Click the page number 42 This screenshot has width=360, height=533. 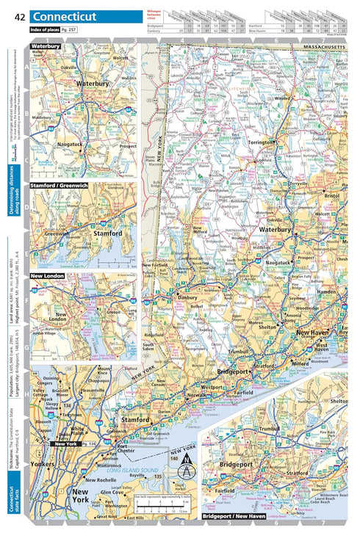pyautogui.click(x=19, y=16)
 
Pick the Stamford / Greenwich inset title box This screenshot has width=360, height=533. pyautogui.click(x=61, y=186)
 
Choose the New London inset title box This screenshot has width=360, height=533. pyautogui.click(x=47, y=276)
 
